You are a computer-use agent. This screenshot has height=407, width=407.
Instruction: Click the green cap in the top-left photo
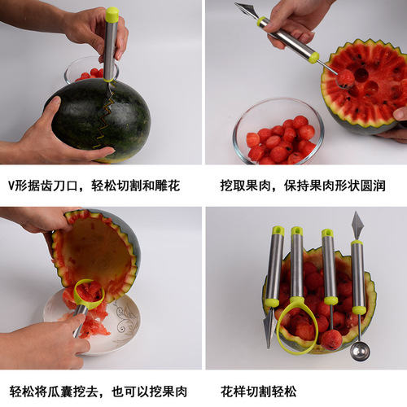pyautogui.click(x=112, y=15)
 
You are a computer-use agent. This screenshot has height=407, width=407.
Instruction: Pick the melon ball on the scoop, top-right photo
pyautogui.click(x=346, y=78)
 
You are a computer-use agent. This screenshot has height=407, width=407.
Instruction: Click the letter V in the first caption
pyautogui.click(x=11, y=186)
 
